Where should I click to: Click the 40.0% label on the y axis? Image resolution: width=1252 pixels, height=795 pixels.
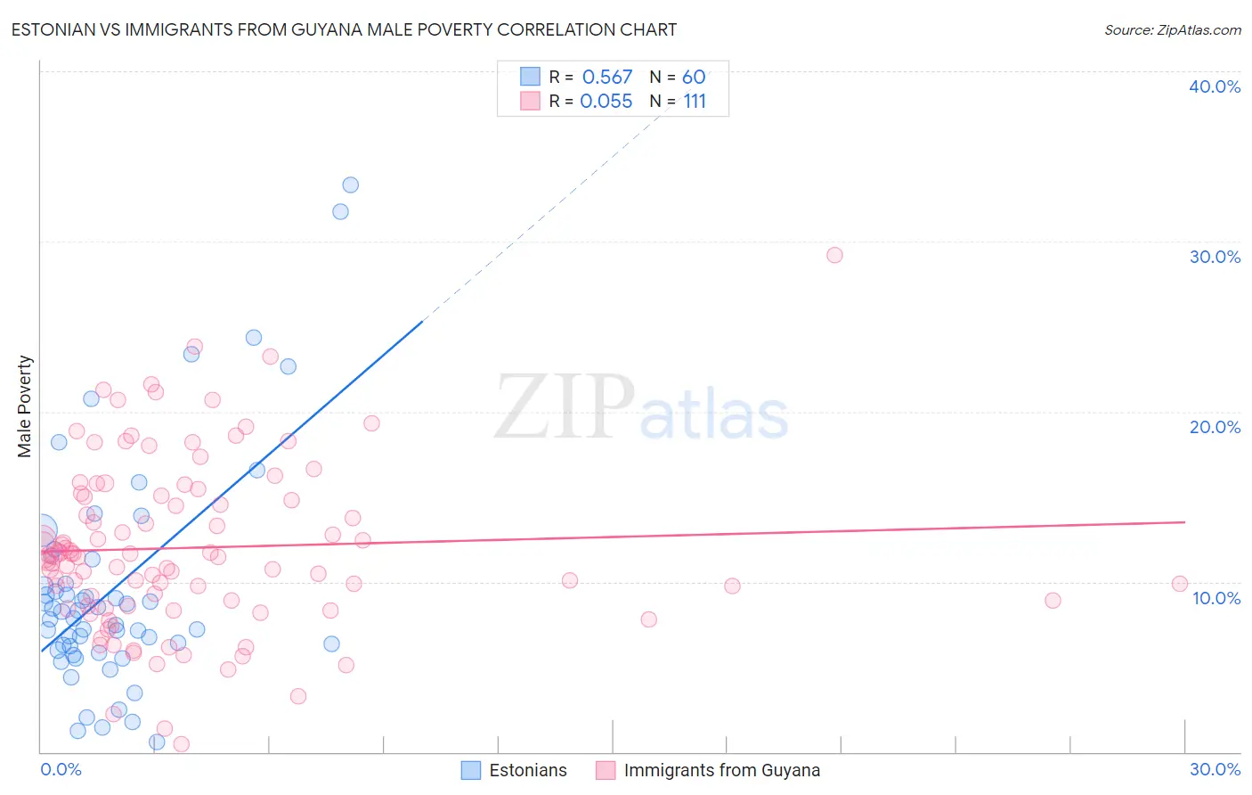[x=1215, y=86]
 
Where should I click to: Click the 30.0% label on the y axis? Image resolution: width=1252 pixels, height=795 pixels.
[x=1215, y=257]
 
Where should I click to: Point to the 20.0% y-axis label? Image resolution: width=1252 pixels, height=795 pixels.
[x=1215, y=427]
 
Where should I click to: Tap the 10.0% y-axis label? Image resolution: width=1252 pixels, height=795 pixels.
[x=1216, y=598]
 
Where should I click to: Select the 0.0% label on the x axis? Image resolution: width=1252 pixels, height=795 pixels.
[x=61, y=769]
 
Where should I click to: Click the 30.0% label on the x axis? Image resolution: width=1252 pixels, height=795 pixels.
[x=1215, y=769]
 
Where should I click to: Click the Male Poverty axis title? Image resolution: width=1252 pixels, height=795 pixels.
[x=24, y=406]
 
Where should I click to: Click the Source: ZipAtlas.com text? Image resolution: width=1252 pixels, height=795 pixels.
[x=1172, y=29]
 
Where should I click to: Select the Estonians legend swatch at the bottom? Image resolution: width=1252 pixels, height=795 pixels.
[x=471, y=770]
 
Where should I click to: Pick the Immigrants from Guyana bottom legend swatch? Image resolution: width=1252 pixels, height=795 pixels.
[x=606, y=770]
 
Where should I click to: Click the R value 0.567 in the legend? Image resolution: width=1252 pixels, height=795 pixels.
[x=606, y=78]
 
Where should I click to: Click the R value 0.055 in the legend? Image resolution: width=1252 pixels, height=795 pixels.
[x=606, y=102]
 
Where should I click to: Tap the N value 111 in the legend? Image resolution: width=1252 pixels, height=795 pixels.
[x=695, y=102]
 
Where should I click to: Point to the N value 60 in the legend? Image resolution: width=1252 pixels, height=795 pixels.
[x=694, y=78]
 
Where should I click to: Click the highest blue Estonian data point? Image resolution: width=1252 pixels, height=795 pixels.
[x=351, y=184]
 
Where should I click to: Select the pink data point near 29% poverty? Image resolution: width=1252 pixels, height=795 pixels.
[x=834, y=255]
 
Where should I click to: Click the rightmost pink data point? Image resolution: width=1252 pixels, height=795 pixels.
[x=1180, y=584]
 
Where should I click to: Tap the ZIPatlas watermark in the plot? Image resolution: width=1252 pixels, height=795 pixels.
[x=641, y=408]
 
